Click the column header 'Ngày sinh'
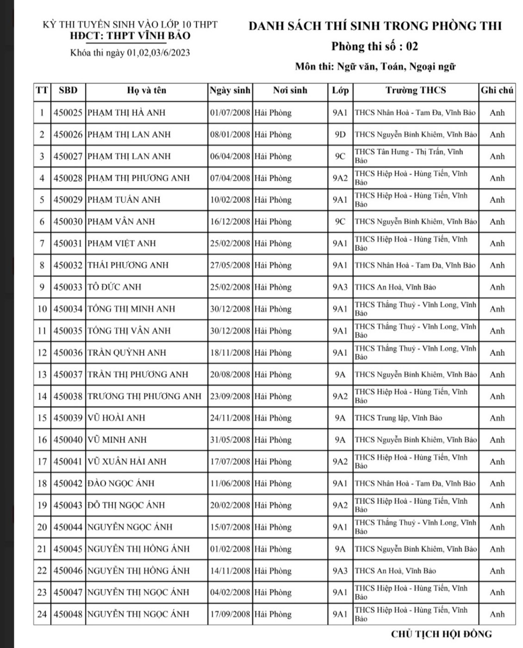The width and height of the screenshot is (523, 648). pos(230,91)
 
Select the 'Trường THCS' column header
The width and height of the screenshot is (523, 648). pos(415,91)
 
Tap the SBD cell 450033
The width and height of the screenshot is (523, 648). pos(68,287)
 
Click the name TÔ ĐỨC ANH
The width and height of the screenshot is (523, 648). pos(114,287)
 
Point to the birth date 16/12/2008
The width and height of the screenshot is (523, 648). pos(230,222)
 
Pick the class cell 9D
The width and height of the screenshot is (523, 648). pos(340,135)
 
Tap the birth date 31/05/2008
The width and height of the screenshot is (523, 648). pos(230,440)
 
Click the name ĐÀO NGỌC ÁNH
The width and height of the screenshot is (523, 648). pos(121,483)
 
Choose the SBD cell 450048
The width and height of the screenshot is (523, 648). pos(68,614)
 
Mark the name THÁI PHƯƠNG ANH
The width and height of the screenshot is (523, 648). pos(128,265)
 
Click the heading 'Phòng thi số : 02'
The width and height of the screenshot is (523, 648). pos(374,47)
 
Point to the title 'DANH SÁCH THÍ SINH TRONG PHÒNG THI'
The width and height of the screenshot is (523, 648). pos(375,26)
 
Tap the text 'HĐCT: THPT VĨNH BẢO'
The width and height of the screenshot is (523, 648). pos(130,36)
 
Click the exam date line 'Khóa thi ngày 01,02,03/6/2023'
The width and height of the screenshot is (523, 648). pos(130,53)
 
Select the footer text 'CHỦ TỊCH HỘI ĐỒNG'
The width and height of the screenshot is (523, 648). pos(441,634)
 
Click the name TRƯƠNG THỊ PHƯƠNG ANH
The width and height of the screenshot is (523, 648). pos(144,396)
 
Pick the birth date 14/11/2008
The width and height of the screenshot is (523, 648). pos(230,571)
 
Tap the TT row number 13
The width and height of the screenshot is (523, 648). pos(42,375)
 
